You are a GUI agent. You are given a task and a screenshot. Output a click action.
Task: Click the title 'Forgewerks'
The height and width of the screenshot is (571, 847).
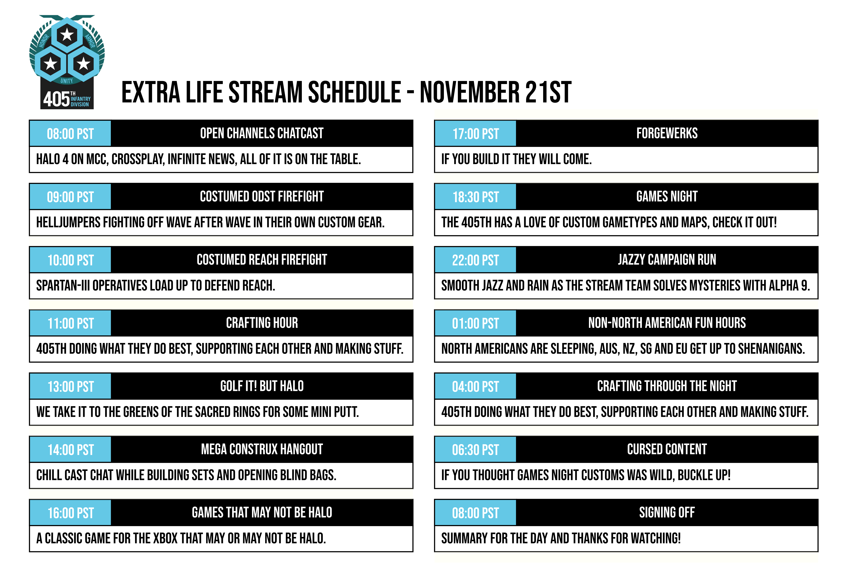click(667, 133)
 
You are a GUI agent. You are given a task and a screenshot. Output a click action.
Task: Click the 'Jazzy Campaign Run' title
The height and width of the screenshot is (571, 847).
click(667, 260)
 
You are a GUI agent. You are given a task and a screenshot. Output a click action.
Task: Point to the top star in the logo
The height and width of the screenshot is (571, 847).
click(67, 35)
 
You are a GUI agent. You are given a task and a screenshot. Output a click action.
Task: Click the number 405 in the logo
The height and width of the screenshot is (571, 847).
click(56, 99)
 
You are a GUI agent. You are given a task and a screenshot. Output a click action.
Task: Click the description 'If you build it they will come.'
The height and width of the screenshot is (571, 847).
click(516, 159)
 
